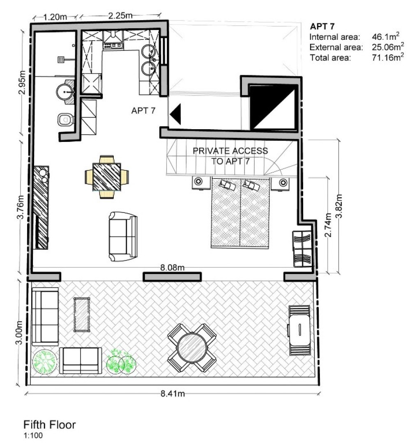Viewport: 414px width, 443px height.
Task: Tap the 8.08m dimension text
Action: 172,268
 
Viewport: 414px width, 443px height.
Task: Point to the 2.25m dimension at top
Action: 120,16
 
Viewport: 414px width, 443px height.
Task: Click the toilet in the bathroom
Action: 65,120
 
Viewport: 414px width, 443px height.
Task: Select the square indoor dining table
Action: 107,177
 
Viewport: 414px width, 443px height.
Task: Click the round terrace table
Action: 191,347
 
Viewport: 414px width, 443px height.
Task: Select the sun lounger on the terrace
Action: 299,330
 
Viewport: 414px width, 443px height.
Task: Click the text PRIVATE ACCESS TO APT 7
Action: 230,156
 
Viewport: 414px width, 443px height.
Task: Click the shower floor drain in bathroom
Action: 61,59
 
